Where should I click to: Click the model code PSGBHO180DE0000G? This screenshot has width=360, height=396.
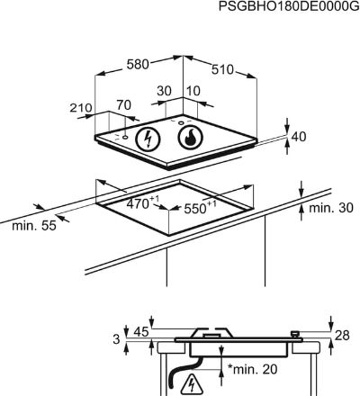(x=289, y=6)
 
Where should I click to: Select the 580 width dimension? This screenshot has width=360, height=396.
(x=138, y=64)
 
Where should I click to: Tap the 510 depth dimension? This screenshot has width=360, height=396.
(x=222, y=69)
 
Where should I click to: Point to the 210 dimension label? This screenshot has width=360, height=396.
(x=81, y=108)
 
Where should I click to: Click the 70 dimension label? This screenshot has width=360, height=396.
(x=124, y=105)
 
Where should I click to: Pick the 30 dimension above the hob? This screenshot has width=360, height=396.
(x=164, y=91)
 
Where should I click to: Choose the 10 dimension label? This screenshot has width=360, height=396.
(x=193, y=91)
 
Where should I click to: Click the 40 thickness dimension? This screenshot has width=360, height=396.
(x=299, y=137)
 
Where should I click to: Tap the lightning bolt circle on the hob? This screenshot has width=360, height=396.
(x=148, y=139)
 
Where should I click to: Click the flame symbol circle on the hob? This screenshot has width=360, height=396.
(x=190, y=138)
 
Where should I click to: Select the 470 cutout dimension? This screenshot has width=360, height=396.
(x=140, y=202)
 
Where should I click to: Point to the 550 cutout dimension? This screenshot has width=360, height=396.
(x=200, y=207)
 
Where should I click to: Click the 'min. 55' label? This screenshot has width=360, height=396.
(x=34, y=226)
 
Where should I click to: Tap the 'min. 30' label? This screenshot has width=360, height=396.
(x=331, y=208)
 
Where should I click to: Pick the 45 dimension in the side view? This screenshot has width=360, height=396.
(x=141, y=332)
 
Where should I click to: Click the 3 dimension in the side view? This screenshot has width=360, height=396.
(x=116, y=339)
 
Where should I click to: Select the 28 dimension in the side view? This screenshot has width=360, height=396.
(x=342, y=335)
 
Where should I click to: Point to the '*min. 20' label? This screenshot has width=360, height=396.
(x=253, y=369)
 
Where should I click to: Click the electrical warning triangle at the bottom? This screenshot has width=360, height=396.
(x=191, y=385)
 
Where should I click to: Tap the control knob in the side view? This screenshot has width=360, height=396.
(x=295, y=334)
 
